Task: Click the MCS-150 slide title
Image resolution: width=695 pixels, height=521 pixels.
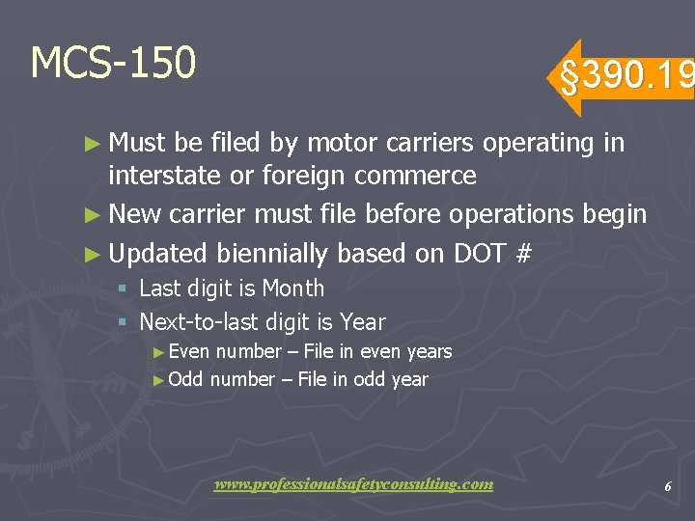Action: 113,63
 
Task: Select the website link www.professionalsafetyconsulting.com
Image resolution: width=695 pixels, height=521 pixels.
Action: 353,484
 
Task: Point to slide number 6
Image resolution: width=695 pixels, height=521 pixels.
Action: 667,487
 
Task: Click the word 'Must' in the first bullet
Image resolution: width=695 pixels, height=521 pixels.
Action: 138,144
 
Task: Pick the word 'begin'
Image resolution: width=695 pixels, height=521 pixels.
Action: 615,214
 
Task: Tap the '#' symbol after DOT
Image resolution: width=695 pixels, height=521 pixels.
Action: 524,254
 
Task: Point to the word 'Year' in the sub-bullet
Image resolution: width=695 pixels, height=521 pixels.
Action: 363,322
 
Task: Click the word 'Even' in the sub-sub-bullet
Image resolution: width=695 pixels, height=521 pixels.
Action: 189,352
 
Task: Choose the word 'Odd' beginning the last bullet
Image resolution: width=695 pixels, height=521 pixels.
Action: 185,379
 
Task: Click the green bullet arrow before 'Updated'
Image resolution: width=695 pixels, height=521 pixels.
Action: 92,255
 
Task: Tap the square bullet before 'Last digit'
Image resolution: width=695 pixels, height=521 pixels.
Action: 121,289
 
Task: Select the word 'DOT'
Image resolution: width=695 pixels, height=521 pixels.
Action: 480,254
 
